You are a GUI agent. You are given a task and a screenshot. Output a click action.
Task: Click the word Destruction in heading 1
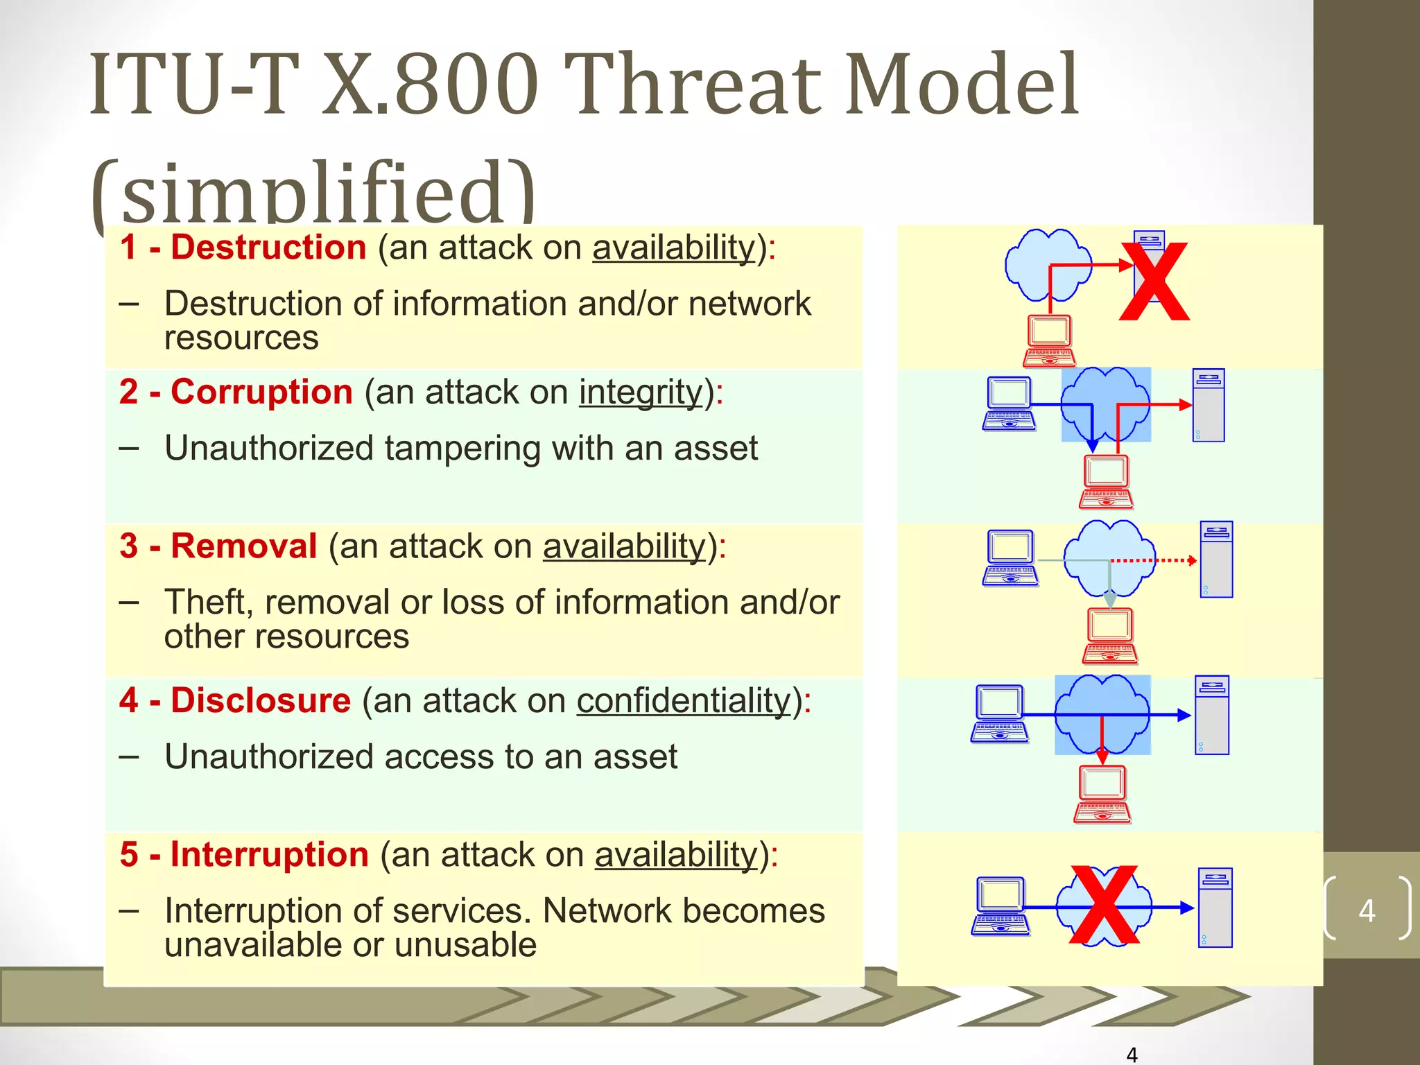(268, 248)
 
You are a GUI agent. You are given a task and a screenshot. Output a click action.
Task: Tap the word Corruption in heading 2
(261, 392)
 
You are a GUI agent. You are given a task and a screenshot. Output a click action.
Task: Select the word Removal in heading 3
(243, 546)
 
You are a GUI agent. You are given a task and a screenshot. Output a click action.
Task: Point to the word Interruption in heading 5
(269, 854)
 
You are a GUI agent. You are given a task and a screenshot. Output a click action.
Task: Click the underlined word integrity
(641, 392)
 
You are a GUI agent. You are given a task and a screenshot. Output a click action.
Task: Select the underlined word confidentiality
(684, 701)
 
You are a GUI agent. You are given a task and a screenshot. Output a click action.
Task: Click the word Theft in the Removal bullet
(208, 602)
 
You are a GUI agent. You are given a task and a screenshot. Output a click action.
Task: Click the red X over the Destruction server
(1154, 283)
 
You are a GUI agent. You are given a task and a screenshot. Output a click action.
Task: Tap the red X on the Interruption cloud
(1104, 905)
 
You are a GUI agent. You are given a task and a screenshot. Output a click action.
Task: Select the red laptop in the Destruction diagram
(1049, 340)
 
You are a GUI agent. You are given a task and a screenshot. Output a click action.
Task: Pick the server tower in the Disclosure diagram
(1212, 715)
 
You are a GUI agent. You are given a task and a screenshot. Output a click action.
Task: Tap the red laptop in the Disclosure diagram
(1102, 794)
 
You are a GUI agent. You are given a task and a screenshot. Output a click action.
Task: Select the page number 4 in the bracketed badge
(1367, 910)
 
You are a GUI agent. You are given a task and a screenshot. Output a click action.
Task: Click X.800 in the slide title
(431, 85)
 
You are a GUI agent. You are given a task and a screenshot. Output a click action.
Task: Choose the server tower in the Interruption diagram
(1215, 907)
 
